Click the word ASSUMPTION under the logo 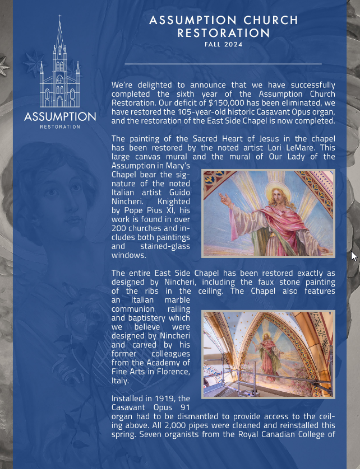coord(60,116)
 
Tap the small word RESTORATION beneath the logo coord(60,127)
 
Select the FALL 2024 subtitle coord(224,45)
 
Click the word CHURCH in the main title coord(271,21)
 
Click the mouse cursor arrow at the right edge coord(353,255)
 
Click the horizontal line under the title coord(223,64)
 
